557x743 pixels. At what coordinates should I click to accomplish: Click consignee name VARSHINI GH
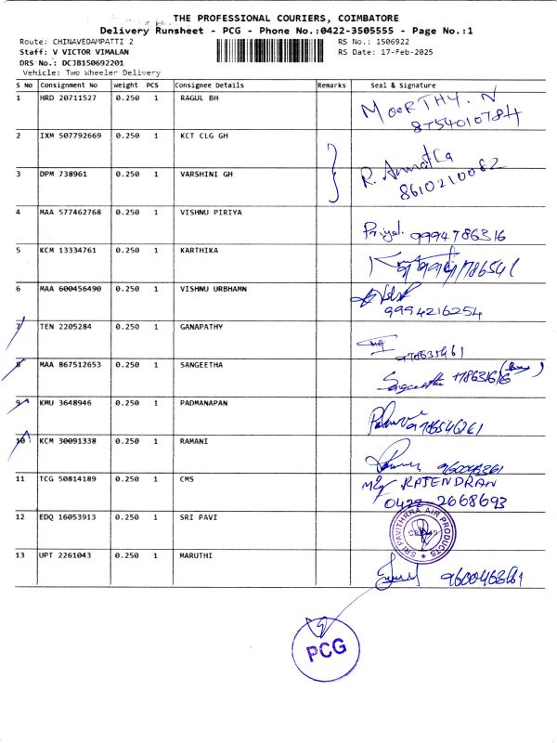[206, 174]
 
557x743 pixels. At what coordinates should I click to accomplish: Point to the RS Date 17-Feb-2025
[394, 52]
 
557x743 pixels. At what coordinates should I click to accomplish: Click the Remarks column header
[331, 85]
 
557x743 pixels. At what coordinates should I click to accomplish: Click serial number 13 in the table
[21, 554]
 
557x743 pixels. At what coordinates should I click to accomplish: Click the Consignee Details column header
[210, 85]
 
